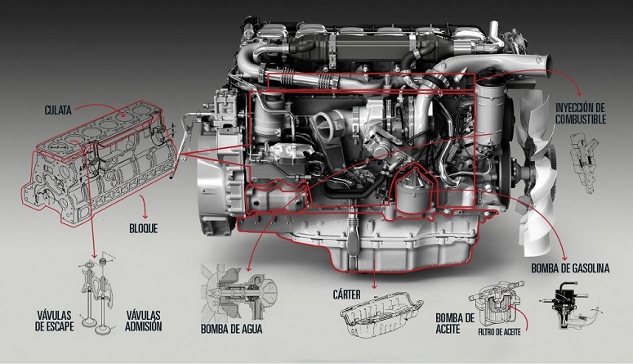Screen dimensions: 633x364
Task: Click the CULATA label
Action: [58, 110]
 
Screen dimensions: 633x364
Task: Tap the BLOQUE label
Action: [143, 228]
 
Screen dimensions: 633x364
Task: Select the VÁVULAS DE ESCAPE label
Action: [55, 321]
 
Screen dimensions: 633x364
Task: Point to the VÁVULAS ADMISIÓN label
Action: [143, 321]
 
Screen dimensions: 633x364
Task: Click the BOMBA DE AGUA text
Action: [232, 329]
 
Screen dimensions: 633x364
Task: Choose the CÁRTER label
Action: [347, 294]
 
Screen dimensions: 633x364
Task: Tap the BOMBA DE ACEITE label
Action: [455, 323]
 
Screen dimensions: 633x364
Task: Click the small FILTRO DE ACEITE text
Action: [499, 332]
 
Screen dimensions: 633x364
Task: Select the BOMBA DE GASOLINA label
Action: [570, 268]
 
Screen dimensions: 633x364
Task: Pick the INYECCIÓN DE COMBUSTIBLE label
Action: [581, 114]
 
